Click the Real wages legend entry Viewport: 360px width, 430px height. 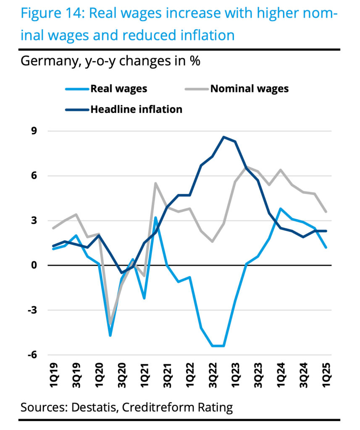pos(118,89)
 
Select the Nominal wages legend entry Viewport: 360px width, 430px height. pos(249,89)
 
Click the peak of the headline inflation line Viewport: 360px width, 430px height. pos(224,137)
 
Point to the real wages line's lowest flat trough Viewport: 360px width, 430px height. pos(218,346)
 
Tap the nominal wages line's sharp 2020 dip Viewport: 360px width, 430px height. pos(110,323)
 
